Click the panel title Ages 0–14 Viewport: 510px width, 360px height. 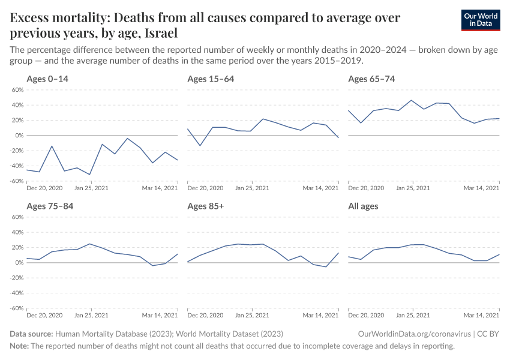point(51,79)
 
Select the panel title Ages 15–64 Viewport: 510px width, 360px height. point(211,79)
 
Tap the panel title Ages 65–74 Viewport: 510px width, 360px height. point(371,79)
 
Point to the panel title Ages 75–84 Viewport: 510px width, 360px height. point(51,206)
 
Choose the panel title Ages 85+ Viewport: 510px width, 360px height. point(206,206)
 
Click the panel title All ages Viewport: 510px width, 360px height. point(363,206)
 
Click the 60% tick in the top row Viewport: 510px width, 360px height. point(17,90)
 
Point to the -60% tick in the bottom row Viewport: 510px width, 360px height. point(16,308)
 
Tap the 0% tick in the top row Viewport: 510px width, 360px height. point(19,136)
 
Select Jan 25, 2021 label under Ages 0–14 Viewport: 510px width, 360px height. point(91,188)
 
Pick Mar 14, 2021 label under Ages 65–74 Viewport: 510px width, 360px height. point(482,188)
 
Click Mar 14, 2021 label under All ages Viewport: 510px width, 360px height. point(482,316)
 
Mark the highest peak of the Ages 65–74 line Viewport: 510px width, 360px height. point(412,100)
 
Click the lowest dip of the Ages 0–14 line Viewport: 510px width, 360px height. point(90,175)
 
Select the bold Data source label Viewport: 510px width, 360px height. point(31,334)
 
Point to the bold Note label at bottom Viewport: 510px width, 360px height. point(19,346)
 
